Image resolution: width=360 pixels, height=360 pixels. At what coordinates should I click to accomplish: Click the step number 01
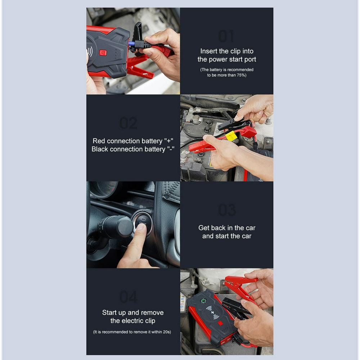tap(226, 36)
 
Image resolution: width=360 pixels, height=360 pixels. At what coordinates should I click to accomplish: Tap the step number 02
tap(129, 123)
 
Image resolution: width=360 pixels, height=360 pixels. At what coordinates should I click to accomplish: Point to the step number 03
tap(227, 210)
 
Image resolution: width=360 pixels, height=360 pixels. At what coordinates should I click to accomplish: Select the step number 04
tap(129, 297)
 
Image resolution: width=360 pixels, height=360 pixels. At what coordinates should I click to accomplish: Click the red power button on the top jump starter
tap(103, 53)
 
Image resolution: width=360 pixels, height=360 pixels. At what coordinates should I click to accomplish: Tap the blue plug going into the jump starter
tap(131, 44)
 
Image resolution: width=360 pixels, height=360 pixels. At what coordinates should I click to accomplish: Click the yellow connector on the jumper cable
tap(231, 136)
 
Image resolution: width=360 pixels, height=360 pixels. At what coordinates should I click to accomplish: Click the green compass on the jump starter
tap(203, 301)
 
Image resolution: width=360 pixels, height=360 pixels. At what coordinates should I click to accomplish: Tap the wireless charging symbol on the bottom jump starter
tap(212, 312)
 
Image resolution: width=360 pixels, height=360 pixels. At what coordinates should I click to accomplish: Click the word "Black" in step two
tap(100, 149)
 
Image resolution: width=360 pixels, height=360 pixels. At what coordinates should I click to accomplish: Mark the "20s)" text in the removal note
tap(166, 332)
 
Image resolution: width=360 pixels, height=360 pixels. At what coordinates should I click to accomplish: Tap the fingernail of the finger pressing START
tap(141, 227)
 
